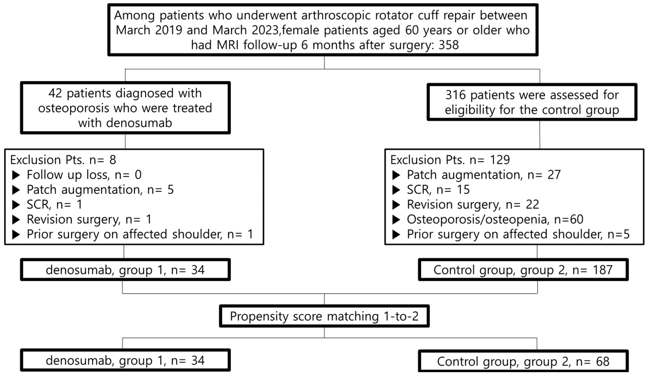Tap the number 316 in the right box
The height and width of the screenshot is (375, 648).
(x=455, y=95)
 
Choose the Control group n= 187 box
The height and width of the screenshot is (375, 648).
(x=523, y=270)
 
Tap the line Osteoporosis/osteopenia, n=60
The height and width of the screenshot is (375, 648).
(x=495, y=219)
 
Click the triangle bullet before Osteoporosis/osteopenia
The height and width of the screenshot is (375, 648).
(x=396, y=220)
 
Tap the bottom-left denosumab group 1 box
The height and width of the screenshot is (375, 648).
(x=125, y=360)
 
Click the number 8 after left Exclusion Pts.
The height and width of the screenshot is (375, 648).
(x=113, y=160)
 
